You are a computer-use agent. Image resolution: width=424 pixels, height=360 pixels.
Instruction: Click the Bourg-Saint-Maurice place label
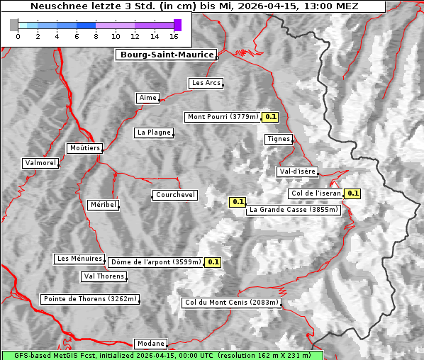pyautogui.click(x=165, y=55)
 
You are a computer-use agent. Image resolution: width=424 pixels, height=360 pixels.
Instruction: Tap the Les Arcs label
pyautogui.click(x=206, y=83)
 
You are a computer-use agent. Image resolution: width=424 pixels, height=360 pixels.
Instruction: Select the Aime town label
pyautogui.click(x=147, y=98)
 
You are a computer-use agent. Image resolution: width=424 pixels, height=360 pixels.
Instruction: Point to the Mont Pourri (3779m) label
pyautogui.click(x=223, y=117)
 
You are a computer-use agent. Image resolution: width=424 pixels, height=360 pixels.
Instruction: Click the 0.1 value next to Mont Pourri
pyautogui.click(x=270, y=117)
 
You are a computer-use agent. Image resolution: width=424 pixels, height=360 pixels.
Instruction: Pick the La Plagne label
pyautogui.click(x=154, y=133)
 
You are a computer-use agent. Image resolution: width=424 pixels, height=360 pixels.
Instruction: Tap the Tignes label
pyautogui.click(x=279, y=139)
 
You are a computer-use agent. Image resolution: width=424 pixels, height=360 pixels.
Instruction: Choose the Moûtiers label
pyautogui.click(x=84, y=148)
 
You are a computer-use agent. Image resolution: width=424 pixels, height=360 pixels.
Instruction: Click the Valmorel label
pyautogui.click(x=40, y=163)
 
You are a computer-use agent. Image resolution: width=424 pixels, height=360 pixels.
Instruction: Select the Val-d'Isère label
pyautogui.click(x=297, y=171)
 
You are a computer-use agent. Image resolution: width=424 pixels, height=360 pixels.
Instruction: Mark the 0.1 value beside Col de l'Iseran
pyautogui.click(x=352, y=193)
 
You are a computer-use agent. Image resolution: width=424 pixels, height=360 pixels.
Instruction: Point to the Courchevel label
pyautogui.click(x=175, y=195)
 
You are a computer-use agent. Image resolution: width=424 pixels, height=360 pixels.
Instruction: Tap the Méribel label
pyautogui.click(x=103, y=205)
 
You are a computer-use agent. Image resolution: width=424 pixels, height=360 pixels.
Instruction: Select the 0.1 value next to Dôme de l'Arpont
pyautogui.click(x=213, y=262)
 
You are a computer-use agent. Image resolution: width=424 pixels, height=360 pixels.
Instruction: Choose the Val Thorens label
pyautogui.click(x=104, y=276)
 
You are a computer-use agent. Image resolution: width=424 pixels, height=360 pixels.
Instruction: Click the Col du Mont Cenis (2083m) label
pyautogui.click(x=232, y=303)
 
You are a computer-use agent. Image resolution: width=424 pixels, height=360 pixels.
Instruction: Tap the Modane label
pyautogui.click(x=150, y=343)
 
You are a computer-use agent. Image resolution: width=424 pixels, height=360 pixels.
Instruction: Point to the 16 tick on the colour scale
pyautogui.click(x=174, y=36)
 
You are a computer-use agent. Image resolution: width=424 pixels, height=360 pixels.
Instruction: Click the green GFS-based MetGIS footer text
pyautogui.click(x=162, y=355)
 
